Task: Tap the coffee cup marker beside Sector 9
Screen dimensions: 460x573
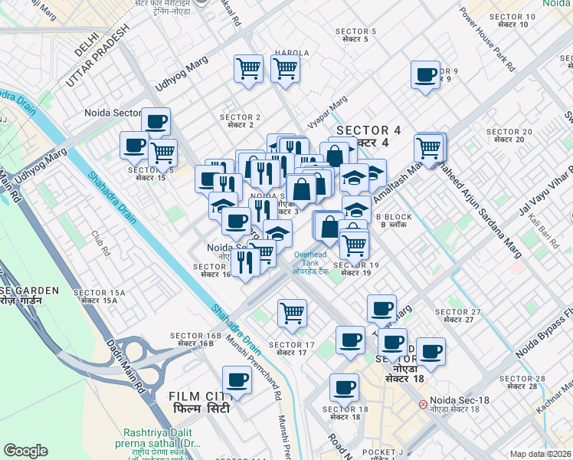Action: pyautogui.click(x=425, y=76)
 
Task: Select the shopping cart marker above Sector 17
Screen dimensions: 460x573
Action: pyautogui.click(x=292, y=313)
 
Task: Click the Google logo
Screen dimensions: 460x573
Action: pyautogui.click(x=25, y=451)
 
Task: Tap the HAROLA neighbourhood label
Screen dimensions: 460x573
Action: pyautogui.click(x=291, y=53)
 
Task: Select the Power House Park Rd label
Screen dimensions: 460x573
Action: pyautogui.click(x=487, y=38)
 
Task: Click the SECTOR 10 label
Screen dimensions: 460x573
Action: pyautogui.click(x=512, y=20)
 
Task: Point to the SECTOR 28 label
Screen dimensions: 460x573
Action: pyautogui.click(x=522, y=383)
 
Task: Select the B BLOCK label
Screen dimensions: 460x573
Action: pyautogui.click(x=397, y=221)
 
